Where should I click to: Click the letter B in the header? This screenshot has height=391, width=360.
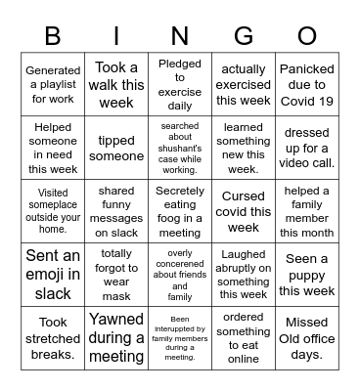coord(53,36)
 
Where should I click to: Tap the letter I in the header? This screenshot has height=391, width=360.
coord(116,36)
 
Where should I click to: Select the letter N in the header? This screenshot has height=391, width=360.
coord(180,36)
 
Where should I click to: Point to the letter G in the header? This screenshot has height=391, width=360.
coord(244,36)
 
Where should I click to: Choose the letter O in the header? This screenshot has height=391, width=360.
coord(306,36)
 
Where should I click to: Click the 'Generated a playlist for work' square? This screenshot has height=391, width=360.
coord(53,85)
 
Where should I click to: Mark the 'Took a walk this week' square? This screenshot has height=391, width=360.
coord(116,85)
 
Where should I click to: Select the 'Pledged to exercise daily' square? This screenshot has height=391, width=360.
coord(180,85)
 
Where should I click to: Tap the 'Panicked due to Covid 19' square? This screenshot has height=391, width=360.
coord(306,85)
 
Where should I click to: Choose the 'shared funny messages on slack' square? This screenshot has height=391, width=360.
coord(116,212)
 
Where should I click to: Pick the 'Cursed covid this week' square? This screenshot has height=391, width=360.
coord(244,212)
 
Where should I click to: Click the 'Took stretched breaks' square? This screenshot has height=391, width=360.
coord(53,338)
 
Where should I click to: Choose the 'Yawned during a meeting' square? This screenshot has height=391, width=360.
coord(116,338)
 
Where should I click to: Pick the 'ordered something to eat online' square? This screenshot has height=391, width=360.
coord(244,338)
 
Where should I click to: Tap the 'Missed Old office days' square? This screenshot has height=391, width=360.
coord(306,338)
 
